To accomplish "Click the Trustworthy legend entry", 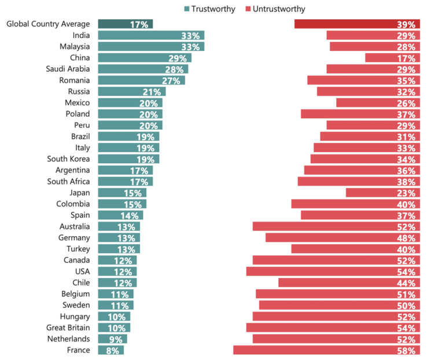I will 208,9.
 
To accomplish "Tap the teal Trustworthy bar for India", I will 150,35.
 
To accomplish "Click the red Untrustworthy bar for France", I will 324,350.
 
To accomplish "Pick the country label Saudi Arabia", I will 68,69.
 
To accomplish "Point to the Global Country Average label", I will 47,24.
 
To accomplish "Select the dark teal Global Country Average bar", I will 124,24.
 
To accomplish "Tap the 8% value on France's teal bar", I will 115,350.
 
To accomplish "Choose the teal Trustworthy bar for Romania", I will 141,80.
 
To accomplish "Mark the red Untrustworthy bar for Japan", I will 382,193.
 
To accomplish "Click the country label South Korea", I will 68,159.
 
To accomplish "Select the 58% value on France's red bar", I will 406,350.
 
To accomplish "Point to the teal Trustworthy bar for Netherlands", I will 112,339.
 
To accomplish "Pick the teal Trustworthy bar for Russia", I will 131,91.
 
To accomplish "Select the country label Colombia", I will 72,204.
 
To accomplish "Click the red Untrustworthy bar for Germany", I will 341,238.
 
